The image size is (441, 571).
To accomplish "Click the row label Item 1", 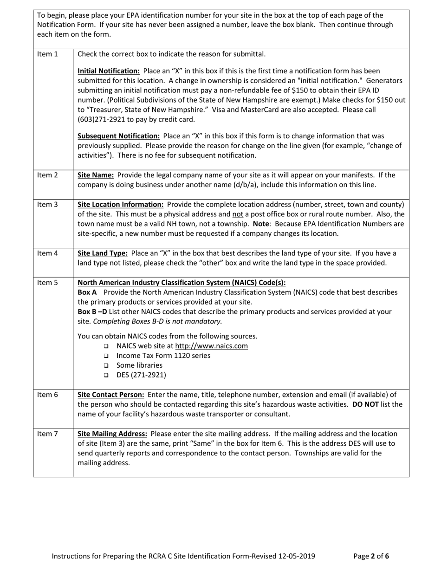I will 47,54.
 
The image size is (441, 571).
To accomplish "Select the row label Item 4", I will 47,253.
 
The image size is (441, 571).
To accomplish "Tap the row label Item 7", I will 47,434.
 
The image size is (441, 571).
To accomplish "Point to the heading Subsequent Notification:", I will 118,136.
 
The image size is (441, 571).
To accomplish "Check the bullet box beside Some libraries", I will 106,365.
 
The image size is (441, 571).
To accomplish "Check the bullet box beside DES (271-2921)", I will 106,375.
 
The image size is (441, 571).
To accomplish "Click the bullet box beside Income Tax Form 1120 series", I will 106,356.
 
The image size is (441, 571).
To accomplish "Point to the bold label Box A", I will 87,292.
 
